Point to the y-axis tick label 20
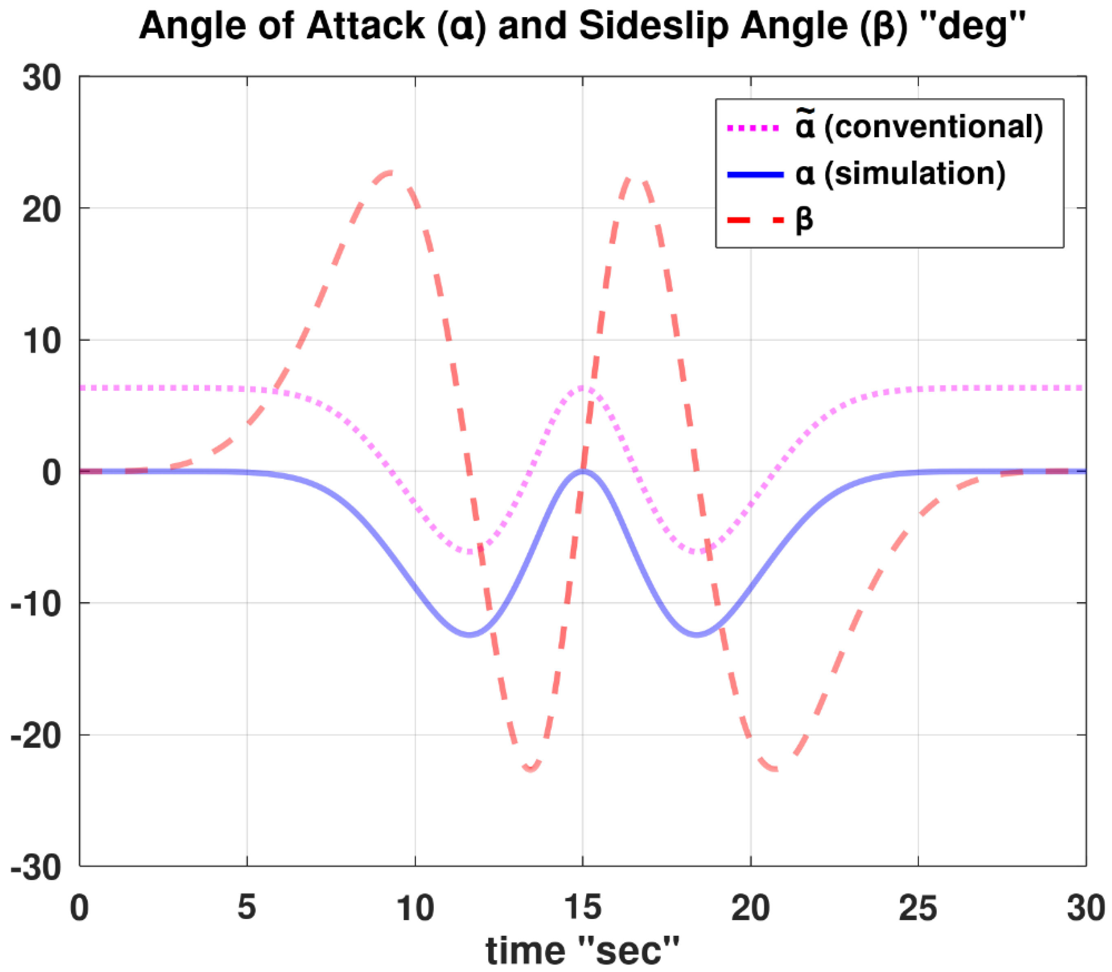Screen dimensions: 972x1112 pyautogui.click(x=41, y=209)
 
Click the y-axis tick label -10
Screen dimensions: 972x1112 pyautogui.click(x=36, y=603)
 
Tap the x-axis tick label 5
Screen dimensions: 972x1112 pyautogui.click(x=247, y=907)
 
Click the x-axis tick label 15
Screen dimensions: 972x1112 pyautogui.click(x=582, y=907)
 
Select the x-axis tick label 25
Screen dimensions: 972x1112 pyautogui.click(x=918, y=907)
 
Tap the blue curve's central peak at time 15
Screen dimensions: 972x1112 pyautogui.click(x=583, y=471)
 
